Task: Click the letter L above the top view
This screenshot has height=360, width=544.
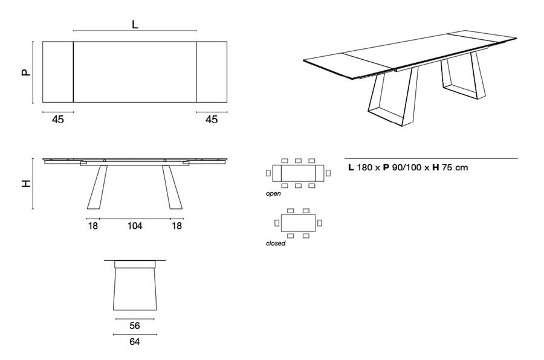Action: [135, 25]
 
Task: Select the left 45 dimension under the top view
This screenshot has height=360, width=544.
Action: [58, 120]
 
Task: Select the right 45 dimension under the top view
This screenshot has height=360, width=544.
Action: [211, 120]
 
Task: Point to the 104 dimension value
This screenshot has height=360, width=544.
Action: [134, 226]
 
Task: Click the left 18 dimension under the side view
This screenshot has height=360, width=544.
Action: [92, 226]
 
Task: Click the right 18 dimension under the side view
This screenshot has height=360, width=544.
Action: [176, 226]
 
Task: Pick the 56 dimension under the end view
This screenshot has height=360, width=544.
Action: [134, 326]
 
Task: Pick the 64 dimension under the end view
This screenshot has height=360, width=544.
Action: [134, 342]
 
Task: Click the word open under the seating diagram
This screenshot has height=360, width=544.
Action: [273, 194]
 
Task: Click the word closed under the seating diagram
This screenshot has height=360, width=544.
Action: [276, 243]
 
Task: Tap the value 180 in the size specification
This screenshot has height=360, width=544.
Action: [365, 168]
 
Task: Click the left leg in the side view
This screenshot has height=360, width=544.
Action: [96, 187]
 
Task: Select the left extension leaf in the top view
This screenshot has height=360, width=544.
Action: [58, 72]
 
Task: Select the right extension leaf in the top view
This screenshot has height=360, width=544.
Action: [212, 72]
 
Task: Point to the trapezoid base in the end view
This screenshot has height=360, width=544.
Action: [134, 292]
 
